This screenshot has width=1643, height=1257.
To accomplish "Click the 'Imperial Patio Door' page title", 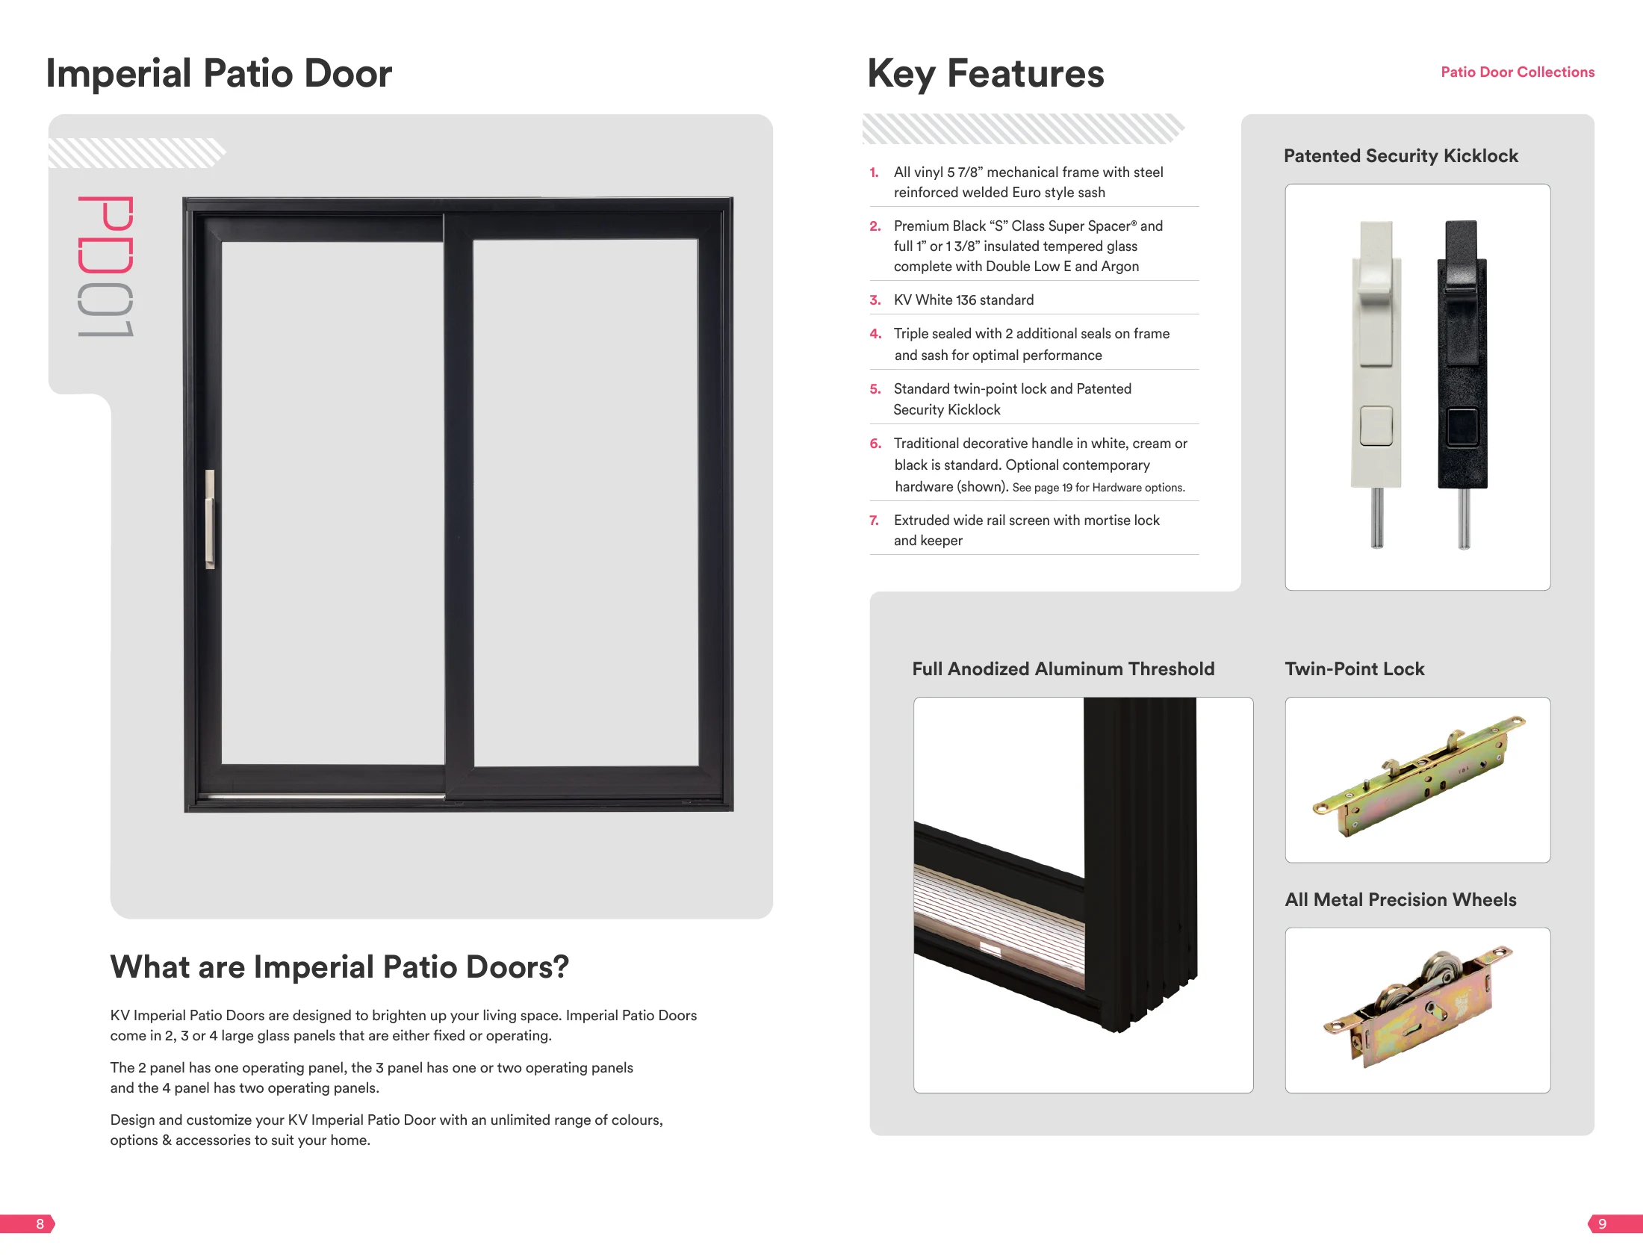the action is [x=219, y=73].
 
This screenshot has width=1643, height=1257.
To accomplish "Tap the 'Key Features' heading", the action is [x=985, y=74].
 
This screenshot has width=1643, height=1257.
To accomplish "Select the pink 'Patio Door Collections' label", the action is [x=1518, y=72].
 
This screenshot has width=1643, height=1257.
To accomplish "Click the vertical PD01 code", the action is [x=105, y=267].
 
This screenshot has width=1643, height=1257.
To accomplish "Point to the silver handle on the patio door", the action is [x=211, y=518].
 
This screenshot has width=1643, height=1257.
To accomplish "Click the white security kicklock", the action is [x=1376, y=384].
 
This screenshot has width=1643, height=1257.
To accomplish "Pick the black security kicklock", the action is [x=1463, y=384].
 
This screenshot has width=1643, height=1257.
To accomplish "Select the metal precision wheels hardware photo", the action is [x=1417, y=1007].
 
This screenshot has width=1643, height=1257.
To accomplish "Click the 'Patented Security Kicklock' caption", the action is [x=1400, y=155].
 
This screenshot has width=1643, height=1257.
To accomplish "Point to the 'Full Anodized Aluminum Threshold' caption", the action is [x=1063, y=668].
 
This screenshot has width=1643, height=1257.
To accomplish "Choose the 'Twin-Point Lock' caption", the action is [x=1354, y=668].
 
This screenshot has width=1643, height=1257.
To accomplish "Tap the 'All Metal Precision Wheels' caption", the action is [x=1400, y=899].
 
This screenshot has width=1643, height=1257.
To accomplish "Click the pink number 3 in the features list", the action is [x=875, y=300].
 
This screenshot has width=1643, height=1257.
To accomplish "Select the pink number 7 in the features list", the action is [x=874, y=520].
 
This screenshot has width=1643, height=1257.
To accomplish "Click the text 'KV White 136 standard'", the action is [x=963, y=300].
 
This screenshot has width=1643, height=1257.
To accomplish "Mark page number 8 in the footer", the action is [x=40, y=1224].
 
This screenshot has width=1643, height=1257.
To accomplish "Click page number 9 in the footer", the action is [x=1602, y=1224].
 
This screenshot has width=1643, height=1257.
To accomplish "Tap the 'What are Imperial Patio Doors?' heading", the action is [x=340, y=966].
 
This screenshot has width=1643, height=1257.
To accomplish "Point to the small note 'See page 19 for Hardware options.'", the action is [x=1099, y=488].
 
